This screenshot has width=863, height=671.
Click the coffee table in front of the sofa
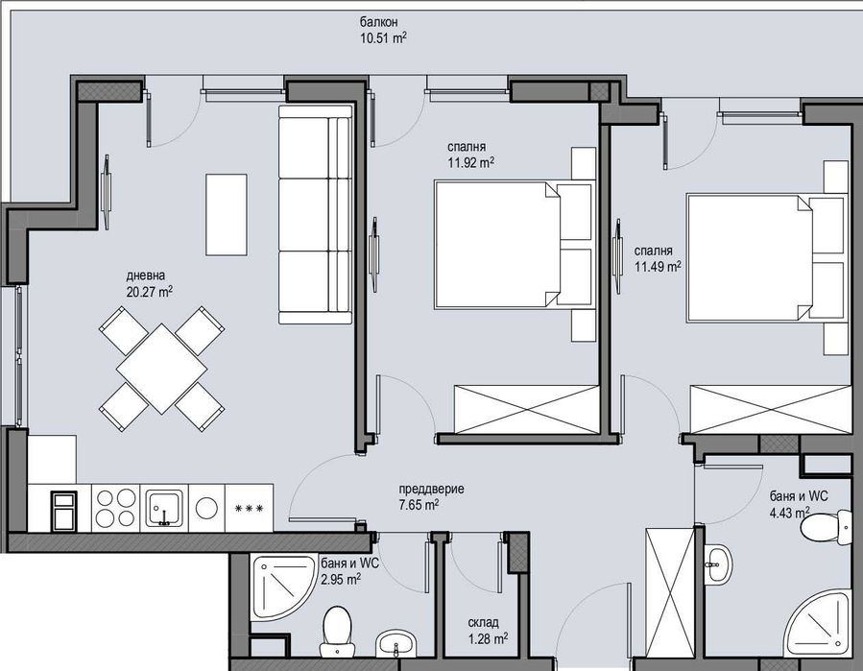pos(226,214)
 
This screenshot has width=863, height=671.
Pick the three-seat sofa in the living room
pos(315,215)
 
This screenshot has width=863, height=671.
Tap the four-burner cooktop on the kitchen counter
pos(116,506)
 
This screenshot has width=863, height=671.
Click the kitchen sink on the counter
pos(165,507)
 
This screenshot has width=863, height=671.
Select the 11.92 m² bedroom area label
pos(470,162)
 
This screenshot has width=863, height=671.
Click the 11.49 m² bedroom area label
pos(658,267)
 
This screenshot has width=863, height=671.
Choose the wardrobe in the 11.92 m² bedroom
pos(519,407)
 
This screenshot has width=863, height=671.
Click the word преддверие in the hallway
pos(432,489)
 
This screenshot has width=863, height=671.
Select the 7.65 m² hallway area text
pos(419,505)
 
